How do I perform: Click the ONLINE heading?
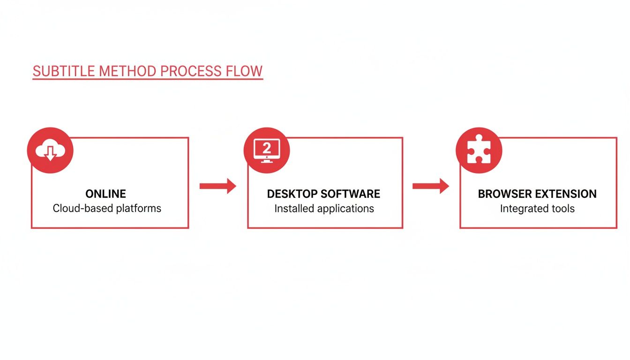coord(105,194)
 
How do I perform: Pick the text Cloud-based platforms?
coord(107,208)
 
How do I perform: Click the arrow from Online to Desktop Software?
coord(217,186)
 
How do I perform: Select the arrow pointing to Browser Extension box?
coord(430,186)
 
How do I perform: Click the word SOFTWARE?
coord(352,194)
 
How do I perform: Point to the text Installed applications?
coord(324,208)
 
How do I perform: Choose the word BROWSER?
coord(504,194)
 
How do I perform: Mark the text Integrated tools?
coord(537,208)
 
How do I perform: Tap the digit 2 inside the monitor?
coord(266,148)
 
